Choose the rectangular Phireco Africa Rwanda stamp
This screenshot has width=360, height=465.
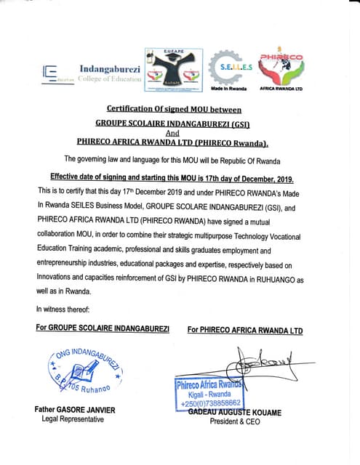[x=209, y=393]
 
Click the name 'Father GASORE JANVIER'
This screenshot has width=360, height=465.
[x=75, y=410]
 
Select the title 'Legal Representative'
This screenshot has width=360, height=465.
[x=73, y=419]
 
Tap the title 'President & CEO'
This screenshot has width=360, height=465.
[x=234, y=421]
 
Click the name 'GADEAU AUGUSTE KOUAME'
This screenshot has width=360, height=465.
[x=235, y=412]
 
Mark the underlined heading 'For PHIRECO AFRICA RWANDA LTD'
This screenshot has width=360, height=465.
[x=244, y=330]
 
